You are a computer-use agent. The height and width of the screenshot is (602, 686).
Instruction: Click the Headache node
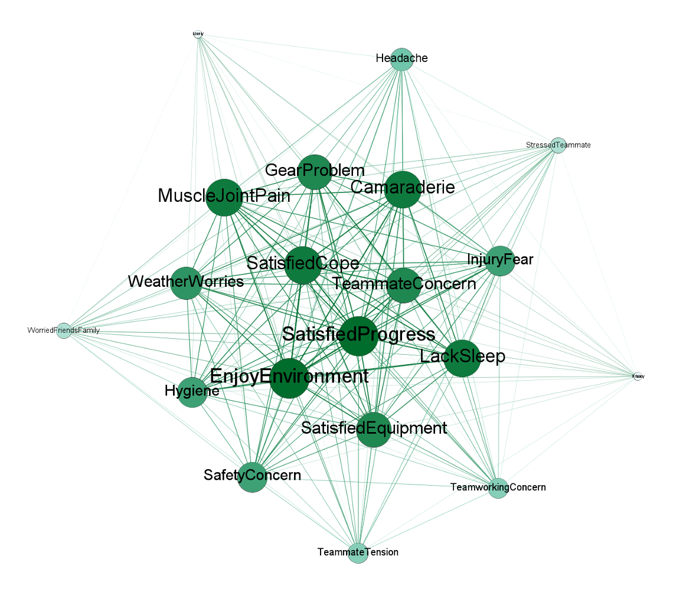click(401, 58)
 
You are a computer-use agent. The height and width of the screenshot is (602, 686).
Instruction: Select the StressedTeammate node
click(558, 145)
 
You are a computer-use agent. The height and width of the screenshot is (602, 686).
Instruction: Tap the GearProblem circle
click(315, 172)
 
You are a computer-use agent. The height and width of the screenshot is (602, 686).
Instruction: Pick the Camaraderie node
click(403, 189)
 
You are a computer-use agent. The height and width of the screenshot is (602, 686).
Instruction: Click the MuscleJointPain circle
click(225, 197)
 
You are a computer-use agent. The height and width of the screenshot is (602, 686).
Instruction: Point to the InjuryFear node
click(501, 261)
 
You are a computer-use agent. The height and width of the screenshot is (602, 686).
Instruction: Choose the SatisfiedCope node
click(303, 265)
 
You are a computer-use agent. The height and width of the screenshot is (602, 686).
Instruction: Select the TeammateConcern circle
click(404, 285)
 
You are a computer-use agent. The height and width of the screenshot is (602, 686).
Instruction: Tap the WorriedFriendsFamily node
click(64, 331)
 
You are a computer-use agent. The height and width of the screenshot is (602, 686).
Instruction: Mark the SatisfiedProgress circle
click(358, 336)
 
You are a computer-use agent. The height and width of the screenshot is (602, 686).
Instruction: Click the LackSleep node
click(462, 358)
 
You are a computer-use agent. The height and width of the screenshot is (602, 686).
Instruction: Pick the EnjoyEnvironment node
click(289, 378)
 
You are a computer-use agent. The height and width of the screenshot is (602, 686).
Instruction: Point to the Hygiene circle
click(192, 392)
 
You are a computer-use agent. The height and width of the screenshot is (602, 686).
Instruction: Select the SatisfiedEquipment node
click(374, 429)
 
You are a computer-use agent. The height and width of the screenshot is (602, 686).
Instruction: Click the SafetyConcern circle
click(253, 477)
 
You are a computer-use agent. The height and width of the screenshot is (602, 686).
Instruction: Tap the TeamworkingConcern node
click(498, 488)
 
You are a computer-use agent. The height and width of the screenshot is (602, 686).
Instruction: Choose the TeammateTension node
click(358, 553)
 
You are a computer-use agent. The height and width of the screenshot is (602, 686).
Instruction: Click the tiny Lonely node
click(198, 34)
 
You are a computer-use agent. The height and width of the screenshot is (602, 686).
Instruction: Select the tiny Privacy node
click(638, 376)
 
